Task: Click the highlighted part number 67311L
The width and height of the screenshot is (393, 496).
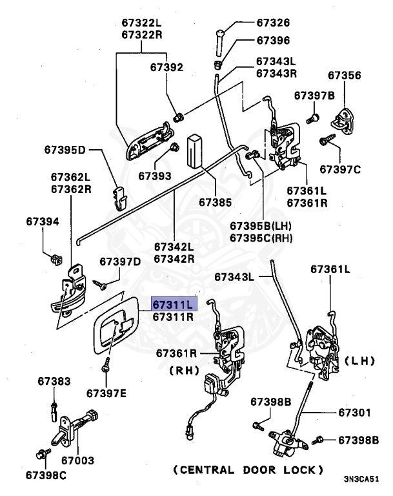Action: click(172, 304)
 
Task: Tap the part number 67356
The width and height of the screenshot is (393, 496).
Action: click(344, 75)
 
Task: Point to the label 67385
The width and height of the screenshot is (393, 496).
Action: click(215, 202)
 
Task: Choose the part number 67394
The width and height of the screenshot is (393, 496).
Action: click(43, 222)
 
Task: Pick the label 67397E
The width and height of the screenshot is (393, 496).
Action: click(106, 393)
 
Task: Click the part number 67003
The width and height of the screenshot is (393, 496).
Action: click(77, 460)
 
